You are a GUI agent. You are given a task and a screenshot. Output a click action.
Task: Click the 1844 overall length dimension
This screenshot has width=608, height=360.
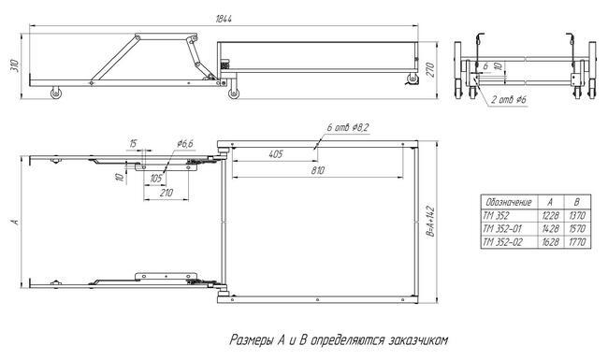coord(224,19)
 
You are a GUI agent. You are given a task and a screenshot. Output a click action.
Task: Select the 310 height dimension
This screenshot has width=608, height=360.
coord(15,65)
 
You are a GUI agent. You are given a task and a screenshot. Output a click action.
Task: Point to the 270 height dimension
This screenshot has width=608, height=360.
coord(431,70)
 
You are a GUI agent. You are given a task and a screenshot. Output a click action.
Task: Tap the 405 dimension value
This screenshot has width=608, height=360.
coord(275,154)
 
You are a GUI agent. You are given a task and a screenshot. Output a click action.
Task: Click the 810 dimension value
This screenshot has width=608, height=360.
coord(318,170)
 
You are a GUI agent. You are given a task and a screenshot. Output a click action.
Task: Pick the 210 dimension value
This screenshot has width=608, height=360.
coord(166,193)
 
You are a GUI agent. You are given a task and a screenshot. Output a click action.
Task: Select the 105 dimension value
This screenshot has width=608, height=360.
coord(156,179)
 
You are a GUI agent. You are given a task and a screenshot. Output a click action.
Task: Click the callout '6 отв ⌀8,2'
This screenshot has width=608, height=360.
coord(347,127)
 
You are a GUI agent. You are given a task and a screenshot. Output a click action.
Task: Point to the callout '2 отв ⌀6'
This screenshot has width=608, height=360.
coord(509,100)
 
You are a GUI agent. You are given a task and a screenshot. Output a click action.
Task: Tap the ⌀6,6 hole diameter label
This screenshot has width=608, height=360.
coord(185,144)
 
